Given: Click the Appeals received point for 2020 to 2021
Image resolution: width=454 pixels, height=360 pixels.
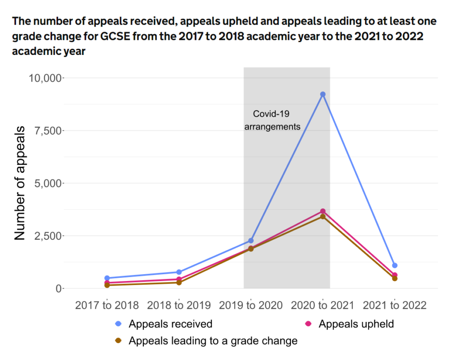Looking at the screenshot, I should [323, 94].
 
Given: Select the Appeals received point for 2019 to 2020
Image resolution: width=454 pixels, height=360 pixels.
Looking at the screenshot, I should [251, 241].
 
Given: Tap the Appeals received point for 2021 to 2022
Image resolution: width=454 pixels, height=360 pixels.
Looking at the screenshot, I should [395, 266].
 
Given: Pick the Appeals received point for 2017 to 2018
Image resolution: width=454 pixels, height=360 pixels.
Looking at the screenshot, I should [107, 278].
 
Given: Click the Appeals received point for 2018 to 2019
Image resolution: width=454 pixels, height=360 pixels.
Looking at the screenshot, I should [179, 272].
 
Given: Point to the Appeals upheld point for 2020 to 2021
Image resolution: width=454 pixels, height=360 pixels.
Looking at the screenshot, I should [323, 211].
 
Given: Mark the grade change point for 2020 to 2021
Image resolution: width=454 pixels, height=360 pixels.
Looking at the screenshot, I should [323, 217].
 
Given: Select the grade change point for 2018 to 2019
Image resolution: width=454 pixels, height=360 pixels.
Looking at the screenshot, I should [179, 283].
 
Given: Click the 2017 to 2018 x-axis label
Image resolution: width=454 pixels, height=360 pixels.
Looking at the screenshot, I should [107, 305].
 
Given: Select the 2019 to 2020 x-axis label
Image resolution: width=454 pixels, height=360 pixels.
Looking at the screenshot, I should [251, 305].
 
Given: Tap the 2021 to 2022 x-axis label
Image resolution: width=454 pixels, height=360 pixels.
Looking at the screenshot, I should [395, 305].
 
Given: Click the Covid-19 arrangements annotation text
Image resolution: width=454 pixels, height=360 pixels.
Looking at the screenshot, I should [272, 120].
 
